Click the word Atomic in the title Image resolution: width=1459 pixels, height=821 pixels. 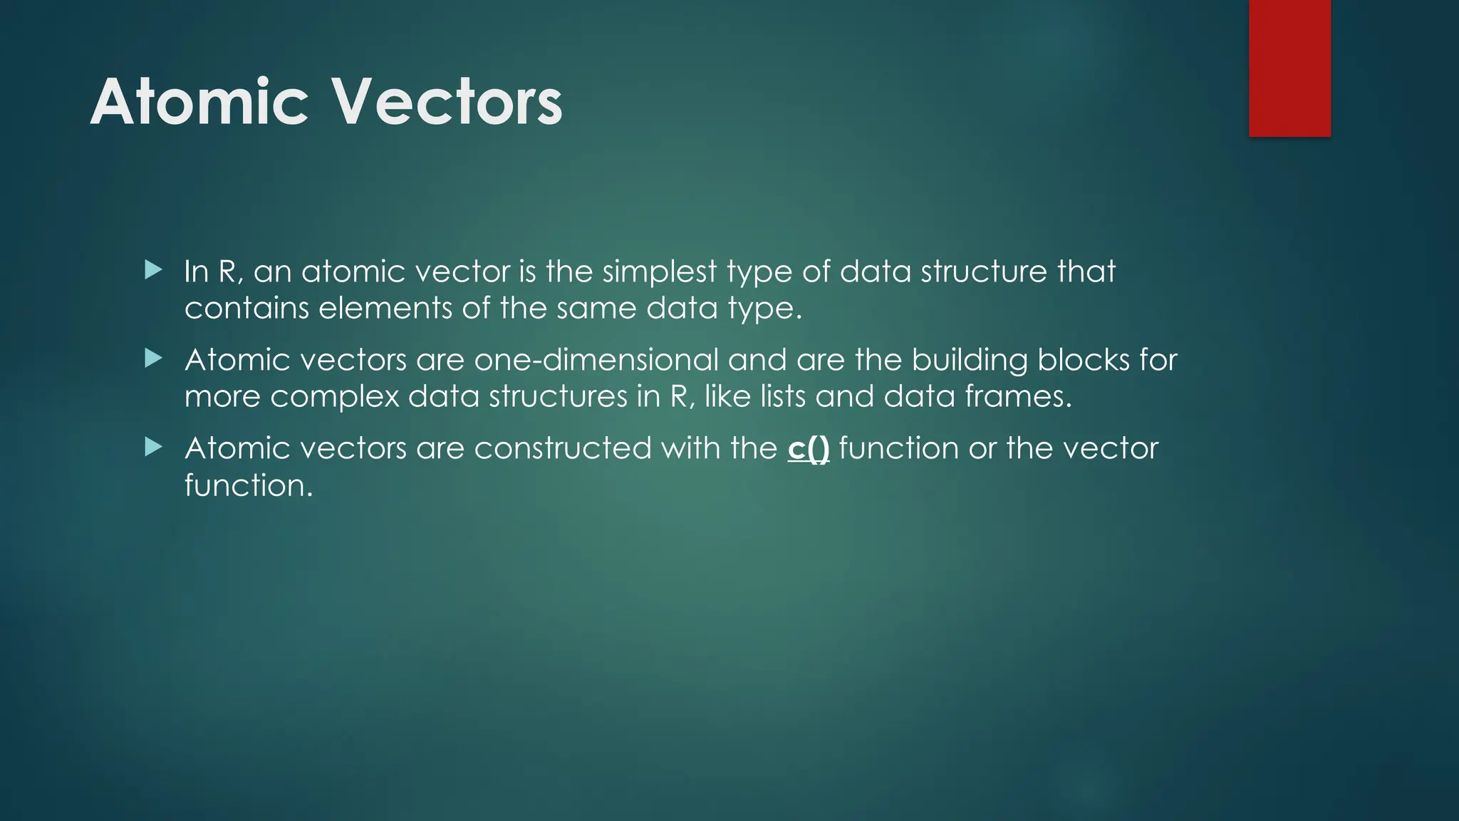(199, 103)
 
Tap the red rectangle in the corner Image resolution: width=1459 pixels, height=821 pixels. (1289, 68)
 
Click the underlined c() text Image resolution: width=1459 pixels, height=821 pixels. (809, 448)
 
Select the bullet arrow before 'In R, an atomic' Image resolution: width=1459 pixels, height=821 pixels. (153, 270)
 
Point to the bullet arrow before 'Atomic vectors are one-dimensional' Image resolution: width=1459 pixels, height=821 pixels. (153, 358)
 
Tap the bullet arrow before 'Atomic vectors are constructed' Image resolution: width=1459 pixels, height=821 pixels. (153, 448)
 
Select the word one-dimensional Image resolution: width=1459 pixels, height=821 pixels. (596, 360)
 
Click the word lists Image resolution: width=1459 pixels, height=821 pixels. (783, 396)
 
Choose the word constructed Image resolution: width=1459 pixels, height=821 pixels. (563, 448)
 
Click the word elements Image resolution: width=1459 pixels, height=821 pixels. (385, 308)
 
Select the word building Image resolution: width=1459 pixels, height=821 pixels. (970, 360)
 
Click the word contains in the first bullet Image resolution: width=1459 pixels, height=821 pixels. (246, 308)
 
